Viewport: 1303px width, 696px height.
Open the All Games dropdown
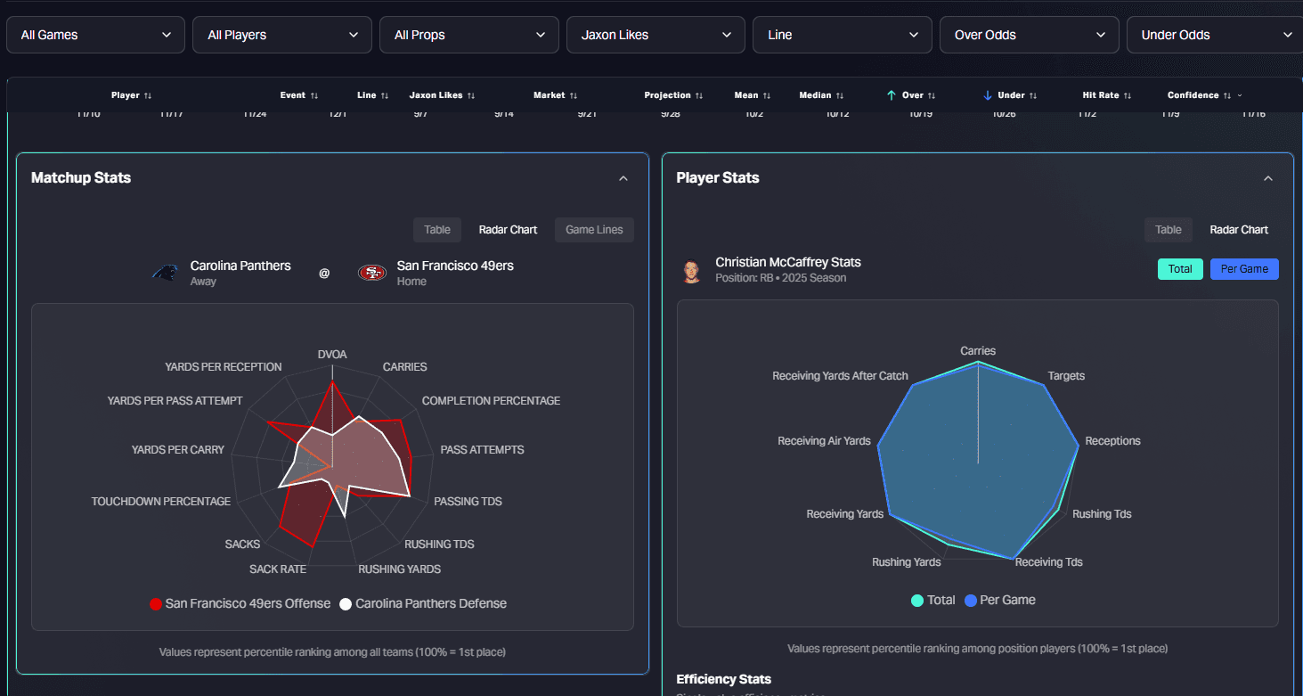96,35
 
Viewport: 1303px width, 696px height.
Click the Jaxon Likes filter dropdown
655,35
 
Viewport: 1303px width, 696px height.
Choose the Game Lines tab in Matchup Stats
594,230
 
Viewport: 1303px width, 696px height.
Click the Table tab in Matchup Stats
437,230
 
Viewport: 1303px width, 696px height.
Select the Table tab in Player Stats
1168,230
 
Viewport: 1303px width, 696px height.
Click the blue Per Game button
1244,269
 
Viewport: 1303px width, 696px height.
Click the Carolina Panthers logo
164,273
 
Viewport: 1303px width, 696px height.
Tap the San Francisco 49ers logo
371,273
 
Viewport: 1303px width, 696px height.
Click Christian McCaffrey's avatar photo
691,271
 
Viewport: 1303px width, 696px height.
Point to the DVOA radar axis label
332,355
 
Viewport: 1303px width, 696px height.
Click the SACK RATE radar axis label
278,569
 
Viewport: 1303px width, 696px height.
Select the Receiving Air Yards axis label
824,441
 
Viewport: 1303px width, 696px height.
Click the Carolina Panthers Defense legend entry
422,604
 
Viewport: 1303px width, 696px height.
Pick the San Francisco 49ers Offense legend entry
240,604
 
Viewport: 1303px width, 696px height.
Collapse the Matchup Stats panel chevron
623,178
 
